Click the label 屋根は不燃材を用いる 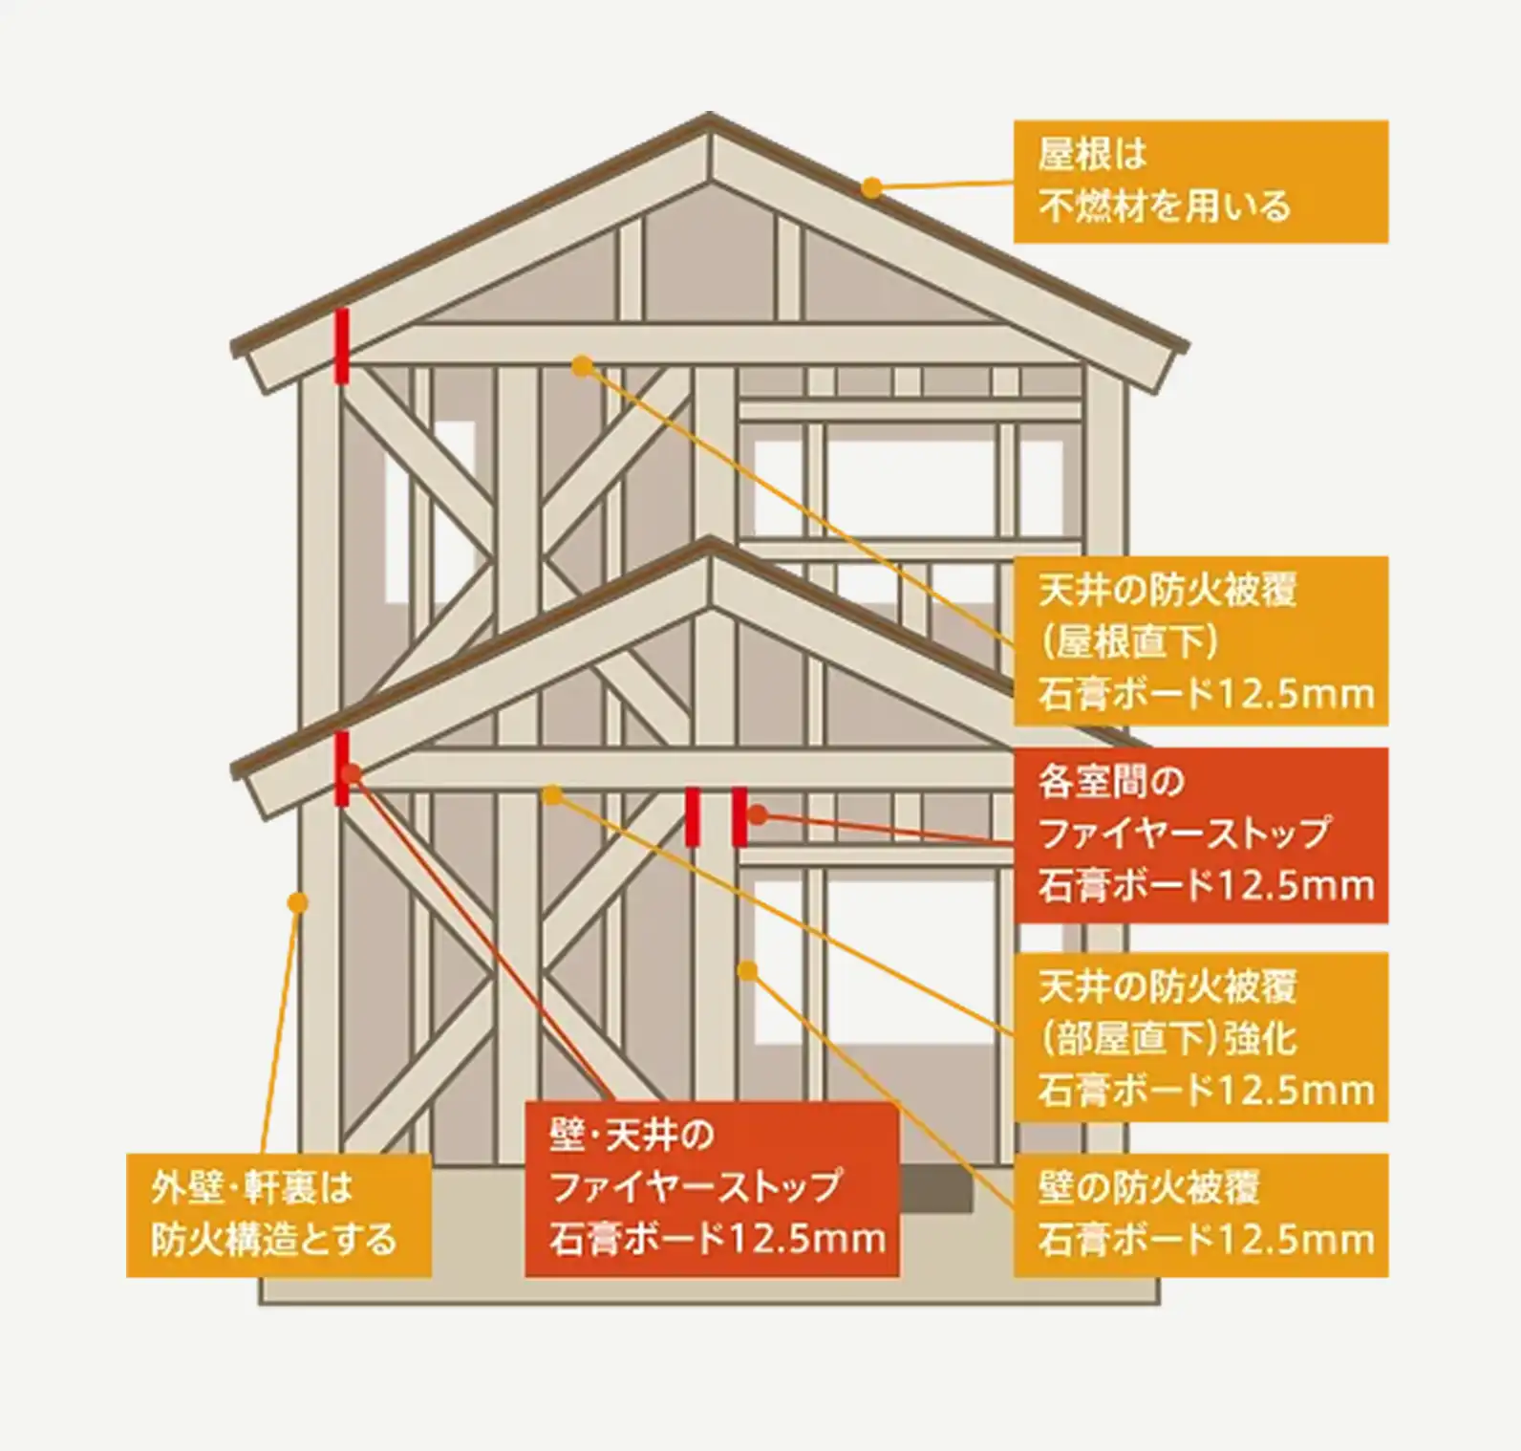(x=1200, y=181)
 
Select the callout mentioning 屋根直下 (x=1200, y=641)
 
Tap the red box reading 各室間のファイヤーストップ (x=1200, y=834)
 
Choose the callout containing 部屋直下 (x=1200, y=1037)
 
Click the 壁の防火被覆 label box (x=1200, y=1215)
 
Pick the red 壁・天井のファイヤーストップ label (x=712, y=1188)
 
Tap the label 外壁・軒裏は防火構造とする (x=278, y=1215)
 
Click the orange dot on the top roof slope (x=871, y=187)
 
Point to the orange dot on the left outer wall (x=298, y=901)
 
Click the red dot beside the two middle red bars (x=757, y=815)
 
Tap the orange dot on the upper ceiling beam (x=582, y=364)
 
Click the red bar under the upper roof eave (x=341, y=345)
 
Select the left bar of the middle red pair (x=693, y=817)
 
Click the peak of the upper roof (x=709, y=119)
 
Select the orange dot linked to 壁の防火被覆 (x=747, y=971)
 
